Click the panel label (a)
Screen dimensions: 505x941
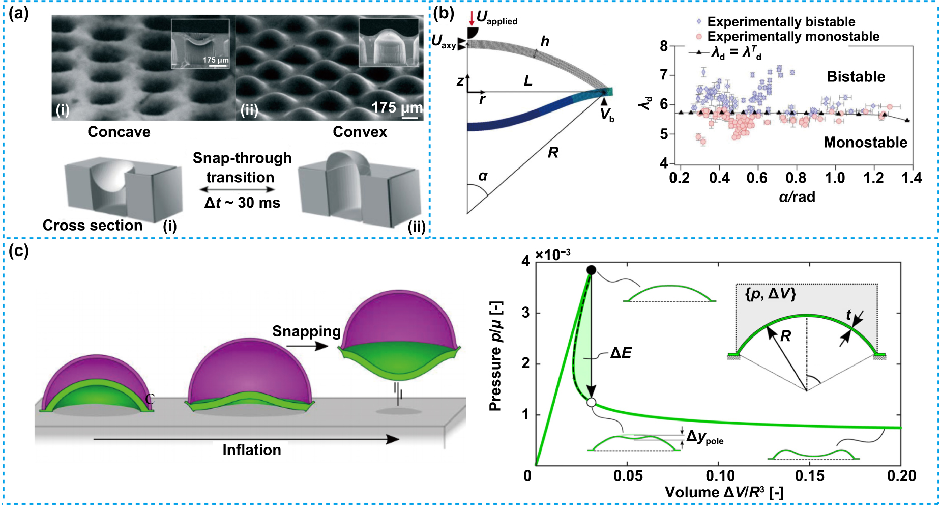click(x=19, y=14)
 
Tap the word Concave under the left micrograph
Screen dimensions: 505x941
click(x=119, y=132)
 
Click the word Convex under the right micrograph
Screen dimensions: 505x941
click(x=360, y=132)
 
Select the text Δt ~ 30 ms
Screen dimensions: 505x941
click(x=242, y=203)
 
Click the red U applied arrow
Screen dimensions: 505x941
click(x=472, y=18)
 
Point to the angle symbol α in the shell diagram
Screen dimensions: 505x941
click(x=483, y=176)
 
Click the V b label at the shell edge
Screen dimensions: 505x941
click(x=606, y=115)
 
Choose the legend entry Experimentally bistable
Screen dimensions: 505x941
click(x=781, y=22)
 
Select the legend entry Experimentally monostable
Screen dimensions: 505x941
click(x=793, y=37)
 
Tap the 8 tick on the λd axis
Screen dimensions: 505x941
click(x=664, y=46)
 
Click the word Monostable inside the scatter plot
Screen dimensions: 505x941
click(x=865, y=142)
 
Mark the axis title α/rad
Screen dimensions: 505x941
click(x=797, y=197)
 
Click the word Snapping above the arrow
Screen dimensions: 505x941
click(x=306, y=331)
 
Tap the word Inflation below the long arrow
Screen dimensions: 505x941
click(x=251, y=450)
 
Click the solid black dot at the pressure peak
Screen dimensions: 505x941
click(x=591, y=270)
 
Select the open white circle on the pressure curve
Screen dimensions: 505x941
click(x=591, y=402)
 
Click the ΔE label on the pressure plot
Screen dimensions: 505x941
click(x=621, y=353)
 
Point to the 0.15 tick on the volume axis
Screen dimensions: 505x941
click(x=810, y=476)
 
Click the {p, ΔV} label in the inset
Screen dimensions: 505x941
click(x=770, y=294)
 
